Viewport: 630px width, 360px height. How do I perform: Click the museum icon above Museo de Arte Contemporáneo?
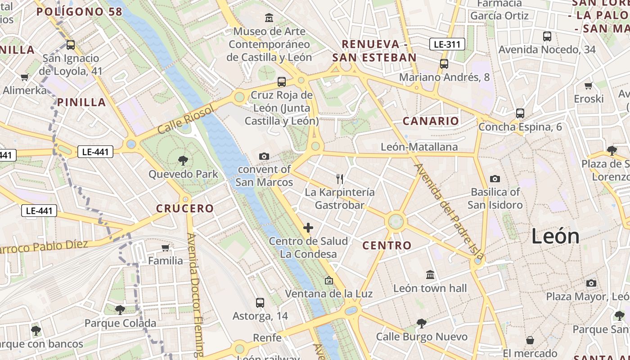[x=269, y=18]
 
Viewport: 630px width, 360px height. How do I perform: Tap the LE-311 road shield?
[x=446, y=44]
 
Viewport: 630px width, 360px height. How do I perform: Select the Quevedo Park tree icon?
[x=183, y=160]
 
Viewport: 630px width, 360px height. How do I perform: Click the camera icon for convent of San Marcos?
[x=264, y=156]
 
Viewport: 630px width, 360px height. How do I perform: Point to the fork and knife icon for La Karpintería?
[x=340, y=179]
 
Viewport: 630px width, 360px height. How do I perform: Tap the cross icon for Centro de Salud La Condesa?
[x=308, y=228]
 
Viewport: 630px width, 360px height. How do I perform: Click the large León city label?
[x=555, y=236]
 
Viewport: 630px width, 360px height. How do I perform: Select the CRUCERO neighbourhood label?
[x=185, y=208]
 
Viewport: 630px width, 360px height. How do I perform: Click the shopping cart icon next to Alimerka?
[x=24, y=77]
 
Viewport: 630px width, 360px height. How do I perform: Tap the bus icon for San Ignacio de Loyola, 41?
[x=71, y=45]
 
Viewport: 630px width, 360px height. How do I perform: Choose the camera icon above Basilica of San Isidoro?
[x=495, y=179]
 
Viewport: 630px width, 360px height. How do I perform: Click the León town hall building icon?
[x=430, y=274]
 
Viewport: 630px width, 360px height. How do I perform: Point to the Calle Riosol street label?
[x=185, y=121]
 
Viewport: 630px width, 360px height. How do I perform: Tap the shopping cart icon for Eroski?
[x=588, y=85]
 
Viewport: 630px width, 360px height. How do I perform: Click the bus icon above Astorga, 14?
[x=260, y=302]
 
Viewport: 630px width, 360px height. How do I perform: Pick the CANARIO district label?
[x=431, y=121]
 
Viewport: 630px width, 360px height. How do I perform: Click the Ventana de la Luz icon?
[x=329, y=280]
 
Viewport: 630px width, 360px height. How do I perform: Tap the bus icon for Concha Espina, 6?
[x=520, y=113]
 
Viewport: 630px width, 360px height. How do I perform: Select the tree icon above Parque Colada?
[x=120, y=310]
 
